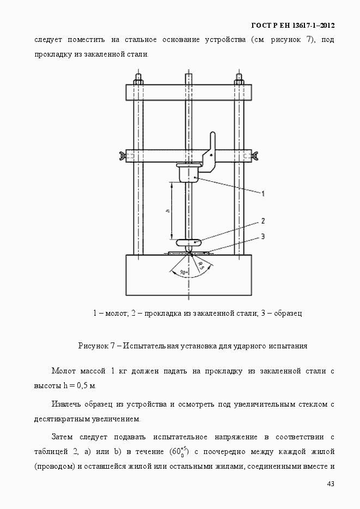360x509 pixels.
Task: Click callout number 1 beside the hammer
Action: click(x=263, y=193)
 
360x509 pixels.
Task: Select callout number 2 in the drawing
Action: click(x=263, y=221)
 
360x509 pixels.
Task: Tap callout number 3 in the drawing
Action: click(x=263, y=236)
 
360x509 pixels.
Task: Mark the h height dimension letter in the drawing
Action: click(x=168, y=210)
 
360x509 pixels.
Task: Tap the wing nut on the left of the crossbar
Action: click(x=120, y=157)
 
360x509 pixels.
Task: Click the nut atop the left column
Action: click(x=138, y=79)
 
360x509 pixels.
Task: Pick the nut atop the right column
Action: click(x=239, y=79)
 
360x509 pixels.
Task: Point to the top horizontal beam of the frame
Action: click(x=188, y=92)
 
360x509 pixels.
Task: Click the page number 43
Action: click(x=331, y=484)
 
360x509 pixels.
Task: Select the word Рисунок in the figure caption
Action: click(x=94, y=346)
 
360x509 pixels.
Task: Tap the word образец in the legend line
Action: click(x=288, y=313)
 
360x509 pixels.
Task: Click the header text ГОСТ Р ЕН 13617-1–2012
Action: click(x=293, y=26)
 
